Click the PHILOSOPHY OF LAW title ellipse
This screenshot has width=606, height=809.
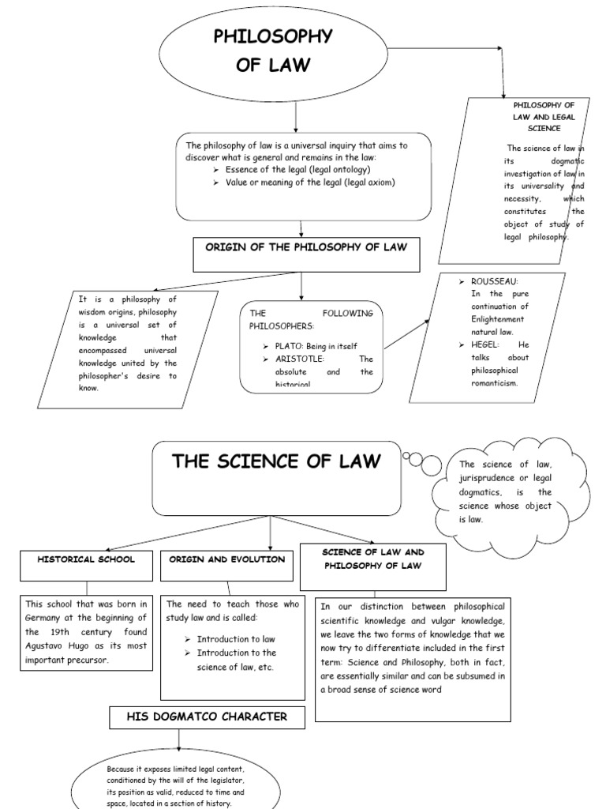point(273,51)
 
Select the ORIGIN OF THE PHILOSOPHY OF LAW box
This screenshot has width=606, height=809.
point(306,248)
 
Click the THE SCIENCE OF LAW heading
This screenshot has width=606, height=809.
point(275,462)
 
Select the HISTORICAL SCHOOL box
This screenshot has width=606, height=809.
point(87,559)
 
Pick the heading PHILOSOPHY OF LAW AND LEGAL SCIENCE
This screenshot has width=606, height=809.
point(544,116)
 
